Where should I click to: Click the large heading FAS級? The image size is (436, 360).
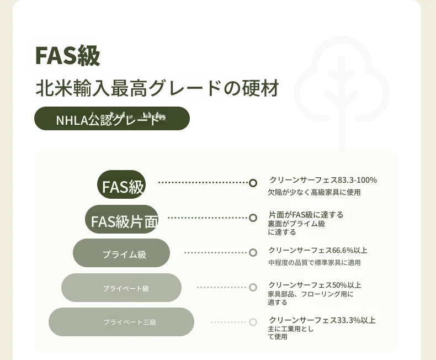(67, 56)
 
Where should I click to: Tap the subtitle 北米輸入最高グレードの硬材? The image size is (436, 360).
(157, 88)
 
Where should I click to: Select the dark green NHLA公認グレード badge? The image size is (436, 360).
(112, 119)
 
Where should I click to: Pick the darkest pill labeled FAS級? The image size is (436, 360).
(121, 184)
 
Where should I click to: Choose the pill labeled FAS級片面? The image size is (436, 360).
(122, 219)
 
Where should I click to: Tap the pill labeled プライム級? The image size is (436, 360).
(121, 253)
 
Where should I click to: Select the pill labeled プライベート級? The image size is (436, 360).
(121, 288)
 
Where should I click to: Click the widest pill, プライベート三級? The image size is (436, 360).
(121, 322)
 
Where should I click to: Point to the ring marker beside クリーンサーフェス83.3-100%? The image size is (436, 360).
(253, 183)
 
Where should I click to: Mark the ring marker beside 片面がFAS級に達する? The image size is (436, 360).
(253, 218)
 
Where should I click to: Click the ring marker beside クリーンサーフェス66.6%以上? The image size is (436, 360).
(253, 253)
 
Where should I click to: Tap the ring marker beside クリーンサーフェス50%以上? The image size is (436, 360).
(253, 287)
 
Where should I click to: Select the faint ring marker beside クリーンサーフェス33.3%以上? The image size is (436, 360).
(253, 322)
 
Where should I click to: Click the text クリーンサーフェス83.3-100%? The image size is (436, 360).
(323, 180)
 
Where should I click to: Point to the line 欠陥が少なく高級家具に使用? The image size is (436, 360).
(314, 192)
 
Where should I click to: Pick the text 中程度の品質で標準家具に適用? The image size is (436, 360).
(314, 262)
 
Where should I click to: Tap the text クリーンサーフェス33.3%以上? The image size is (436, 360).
(322, 320)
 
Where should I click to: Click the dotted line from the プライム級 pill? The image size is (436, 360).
(215, 253)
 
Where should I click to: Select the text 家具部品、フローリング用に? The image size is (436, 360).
(311, 294)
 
